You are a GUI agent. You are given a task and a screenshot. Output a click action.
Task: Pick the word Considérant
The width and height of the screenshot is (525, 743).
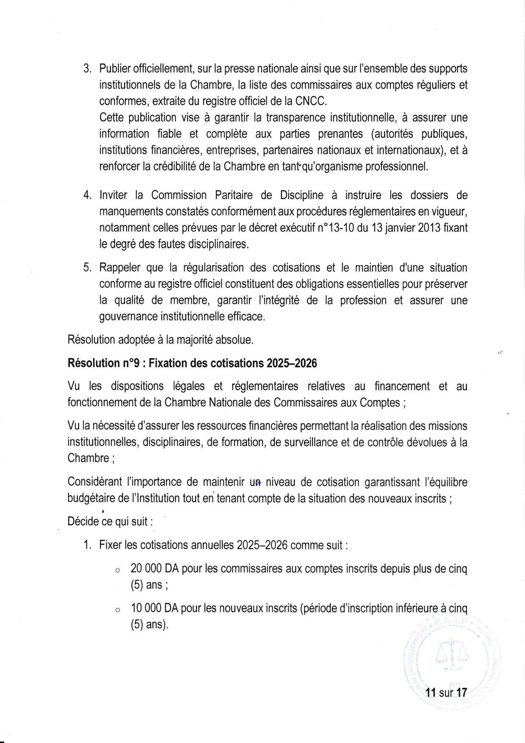pyautogui.click(x=95, y=482)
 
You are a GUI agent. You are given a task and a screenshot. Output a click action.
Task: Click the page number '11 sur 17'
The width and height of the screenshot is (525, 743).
pyautogui.click(x=446, y=693)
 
